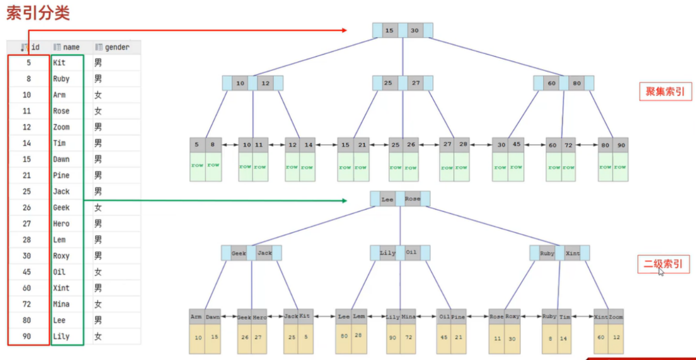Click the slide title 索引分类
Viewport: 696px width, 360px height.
pyautogui.click(x=38, y=13)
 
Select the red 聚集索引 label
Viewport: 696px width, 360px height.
pyautogui.click(x=665, y=92)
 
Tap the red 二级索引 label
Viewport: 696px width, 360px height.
pyautogui.click(x=663, y=264)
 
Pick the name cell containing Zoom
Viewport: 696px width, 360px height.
pyautogui.click(x=61, y=127)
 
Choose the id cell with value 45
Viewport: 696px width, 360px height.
pyautogui.click(x=27, y=272)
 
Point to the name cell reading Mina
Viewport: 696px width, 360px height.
pyautogui.click(x=61, y=304)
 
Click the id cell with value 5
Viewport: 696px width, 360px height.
pyautogui.click(x=27, y=63)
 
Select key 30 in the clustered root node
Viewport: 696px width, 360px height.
pyautogui.click(x=415, y=31)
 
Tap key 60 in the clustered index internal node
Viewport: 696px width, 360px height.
pyautogui.click(x=552, y=83)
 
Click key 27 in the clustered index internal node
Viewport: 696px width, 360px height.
pyautogui.click(x=416, y=83)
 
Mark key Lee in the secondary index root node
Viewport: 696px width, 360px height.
pyautogui.click(x=387, y=199)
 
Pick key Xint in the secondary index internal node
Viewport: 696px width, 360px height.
pyautogui.click(x=572, y=253)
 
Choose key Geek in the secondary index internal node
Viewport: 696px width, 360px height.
pyautogui.click(x=239, y=253)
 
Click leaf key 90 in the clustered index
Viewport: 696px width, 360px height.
pyautogui.click(x=621, y=145)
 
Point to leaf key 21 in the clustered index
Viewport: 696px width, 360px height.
pyautogui.click(x=362, y=145)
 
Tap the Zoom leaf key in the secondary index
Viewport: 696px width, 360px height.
pyautogui.click(x=615, y=317)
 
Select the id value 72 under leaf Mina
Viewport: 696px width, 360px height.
pyautogui.click(x=409, y=337)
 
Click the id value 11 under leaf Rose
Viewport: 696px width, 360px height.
pyautogui.click(x=497, y=338)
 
